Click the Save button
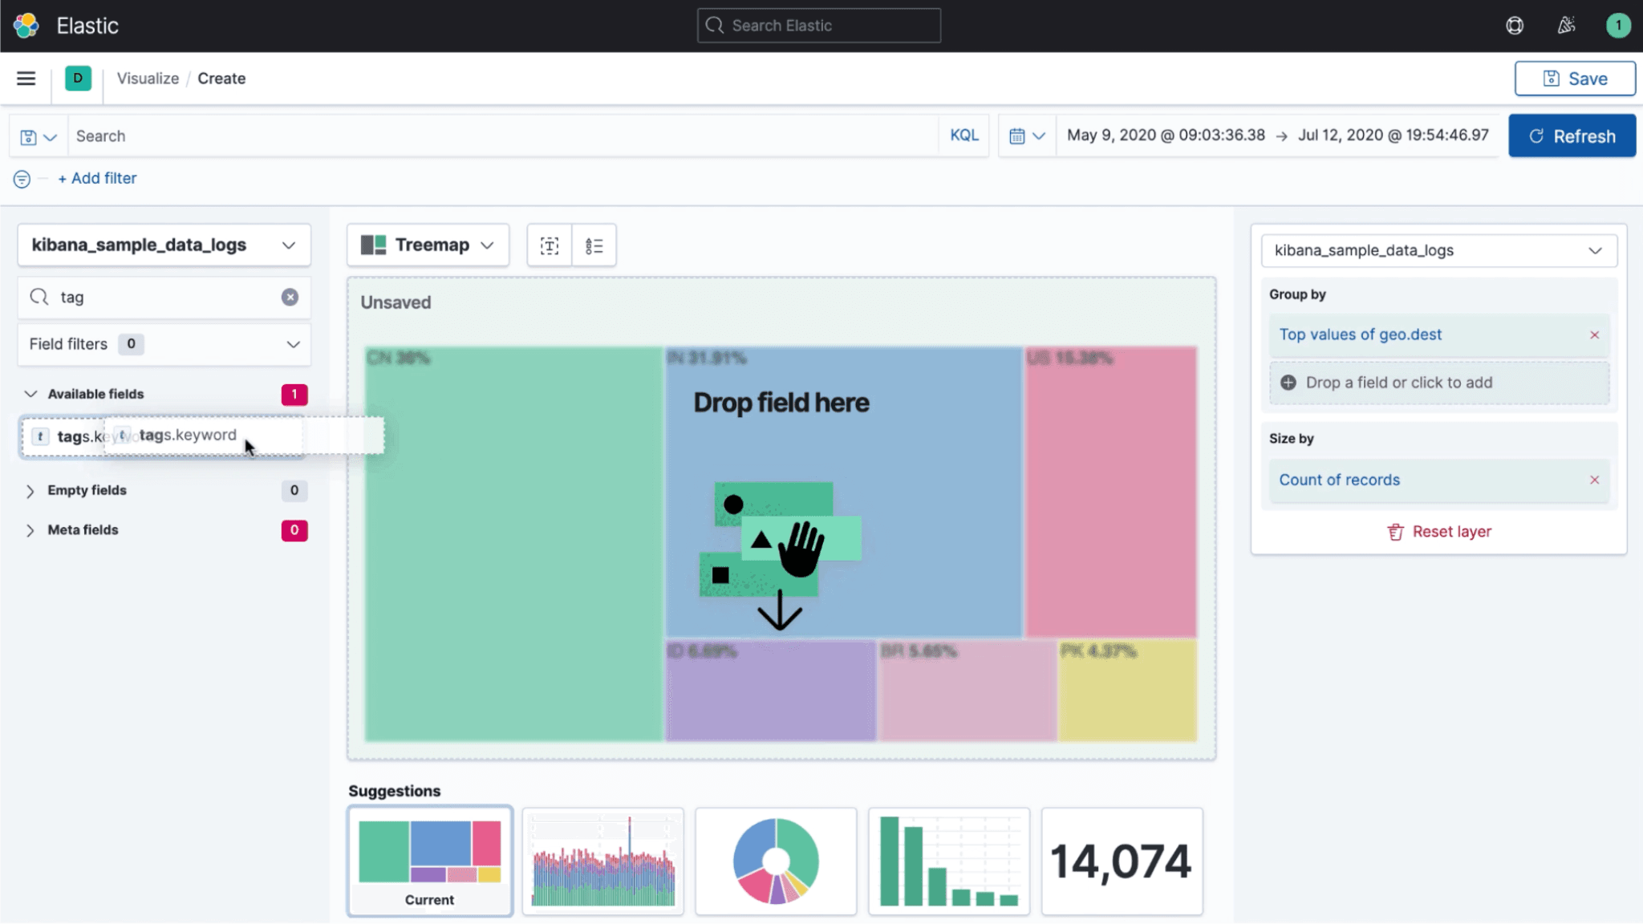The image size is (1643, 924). [1574, 79]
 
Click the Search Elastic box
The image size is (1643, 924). [818, 26]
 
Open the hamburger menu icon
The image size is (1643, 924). [26, 79]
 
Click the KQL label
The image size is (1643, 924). [963, 136]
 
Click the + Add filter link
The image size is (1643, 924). [97, 178]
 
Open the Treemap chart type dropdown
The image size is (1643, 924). [428, 245]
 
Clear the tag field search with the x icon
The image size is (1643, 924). [290, 298]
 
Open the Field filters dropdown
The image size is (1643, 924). [164, 344]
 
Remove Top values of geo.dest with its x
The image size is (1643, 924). [1594, 335]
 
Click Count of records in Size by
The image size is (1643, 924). [1339, 480]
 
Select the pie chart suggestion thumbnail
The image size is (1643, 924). [776, 861]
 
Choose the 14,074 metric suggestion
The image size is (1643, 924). [1121, 861]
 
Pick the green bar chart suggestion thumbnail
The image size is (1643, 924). [948, 861]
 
